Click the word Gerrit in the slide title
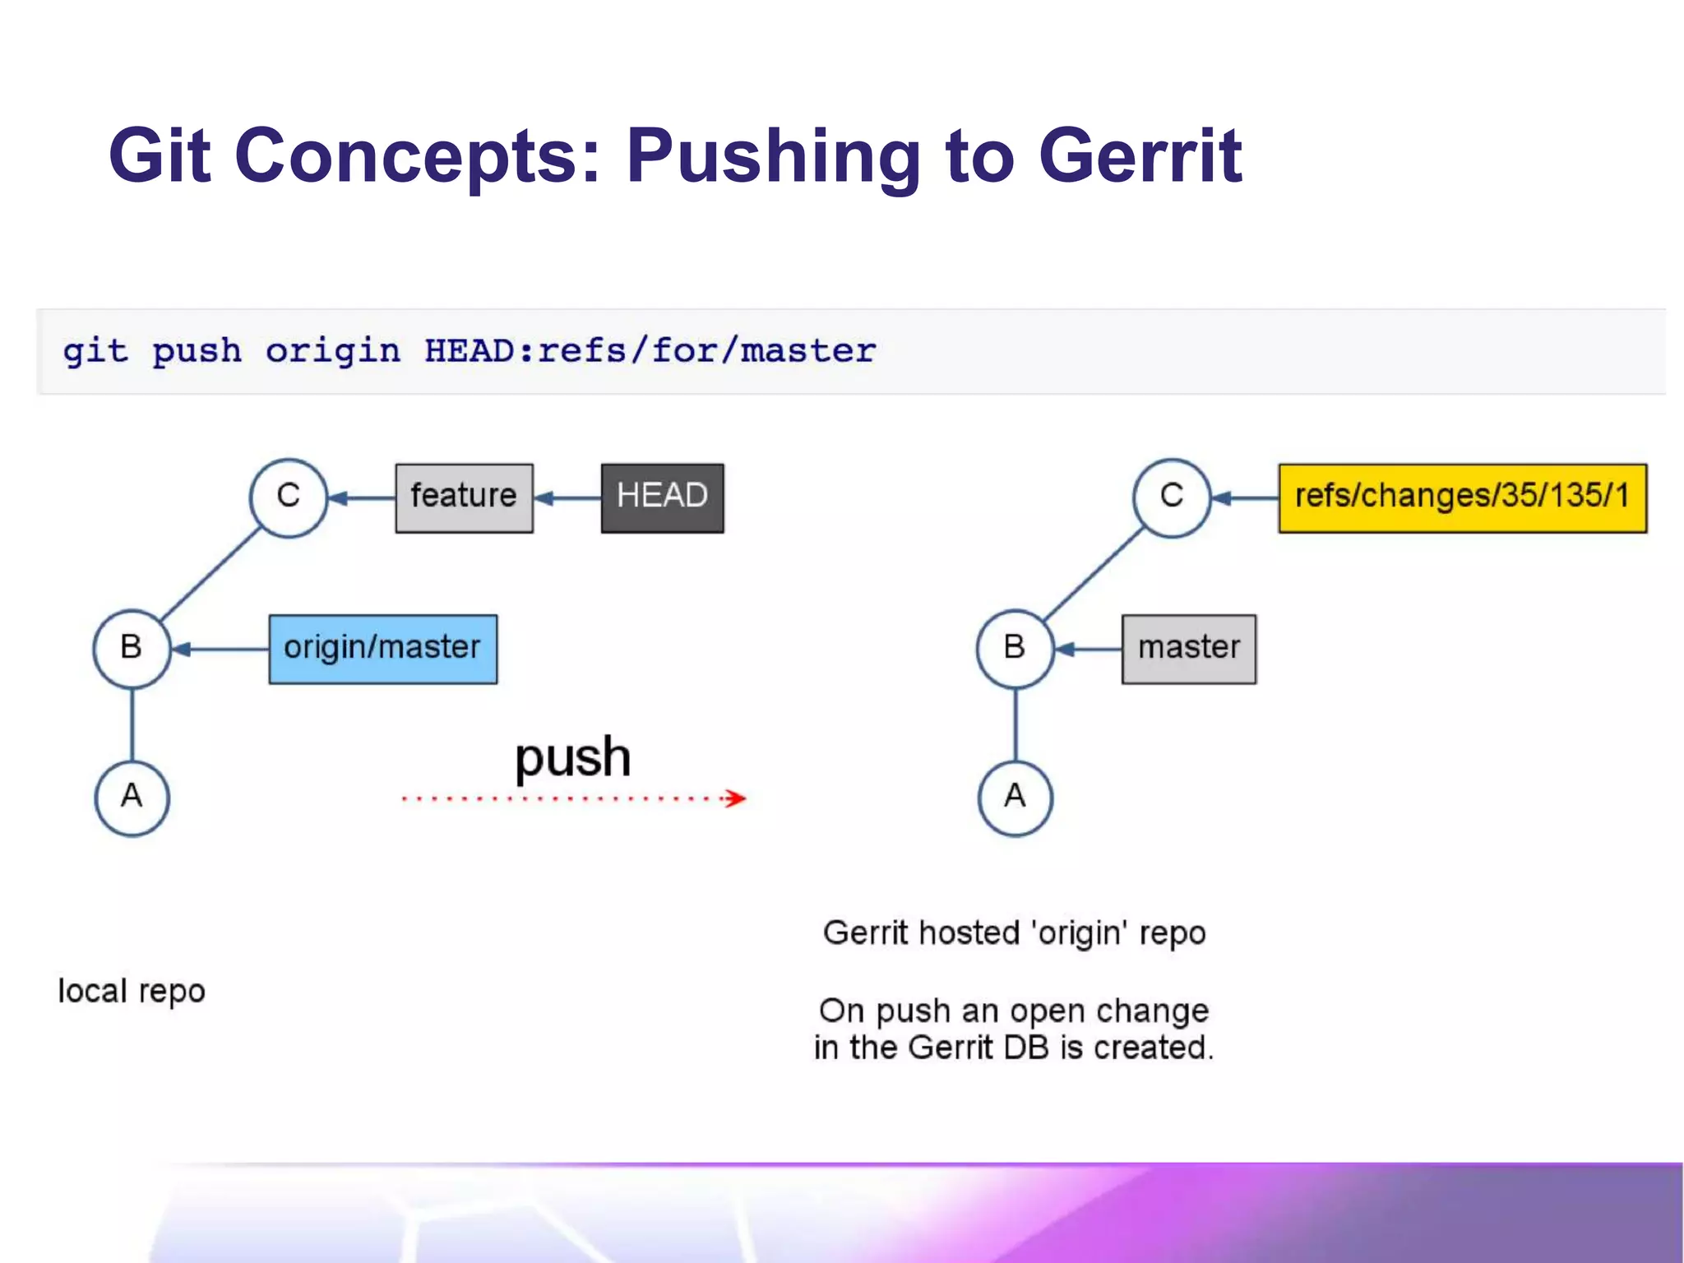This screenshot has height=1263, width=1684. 1139,156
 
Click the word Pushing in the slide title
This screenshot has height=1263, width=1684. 773,156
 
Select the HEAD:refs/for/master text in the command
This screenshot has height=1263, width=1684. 650,351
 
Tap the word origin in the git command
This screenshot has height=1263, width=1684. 332,351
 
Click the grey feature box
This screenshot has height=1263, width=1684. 464,497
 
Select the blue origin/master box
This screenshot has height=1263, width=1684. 382,649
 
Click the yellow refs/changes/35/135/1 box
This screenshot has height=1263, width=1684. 1462,497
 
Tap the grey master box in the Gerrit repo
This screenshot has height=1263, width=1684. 1188,649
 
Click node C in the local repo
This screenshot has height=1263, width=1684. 289,497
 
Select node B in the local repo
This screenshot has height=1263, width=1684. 132,649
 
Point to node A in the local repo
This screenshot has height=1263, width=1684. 132,798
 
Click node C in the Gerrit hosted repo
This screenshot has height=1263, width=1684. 1172,497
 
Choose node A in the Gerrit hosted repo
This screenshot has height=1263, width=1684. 1015,798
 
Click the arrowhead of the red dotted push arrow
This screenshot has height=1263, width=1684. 737,798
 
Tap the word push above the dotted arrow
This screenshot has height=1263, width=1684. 572,756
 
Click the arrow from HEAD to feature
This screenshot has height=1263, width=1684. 567,497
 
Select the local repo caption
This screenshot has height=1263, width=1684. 132,991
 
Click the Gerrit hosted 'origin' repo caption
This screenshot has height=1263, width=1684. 1014,933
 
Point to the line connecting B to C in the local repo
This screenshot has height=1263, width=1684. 210,573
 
